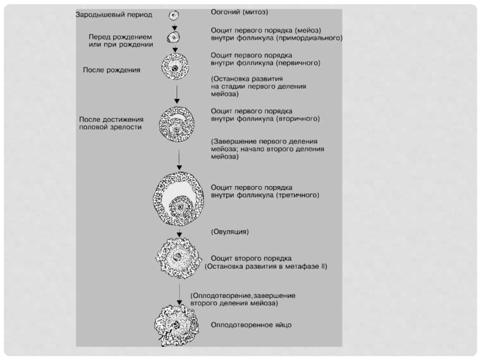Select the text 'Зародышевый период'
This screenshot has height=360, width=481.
point(114,15)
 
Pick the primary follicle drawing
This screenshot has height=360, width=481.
point(175,66)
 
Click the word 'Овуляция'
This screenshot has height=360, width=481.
point(230,231)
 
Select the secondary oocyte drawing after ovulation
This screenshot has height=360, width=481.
point(178,258)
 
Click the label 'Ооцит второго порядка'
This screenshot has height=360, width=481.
point(251,258)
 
